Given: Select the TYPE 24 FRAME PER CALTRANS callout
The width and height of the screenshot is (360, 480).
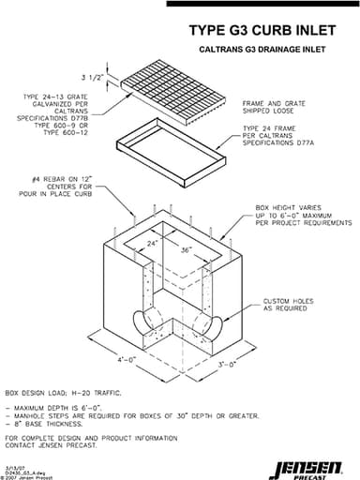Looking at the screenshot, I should [x=281, y=133].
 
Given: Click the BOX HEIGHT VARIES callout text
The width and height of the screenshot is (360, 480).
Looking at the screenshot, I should [x=297, y=219].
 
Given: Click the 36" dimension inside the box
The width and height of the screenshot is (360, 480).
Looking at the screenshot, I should [x=187, y=250].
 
